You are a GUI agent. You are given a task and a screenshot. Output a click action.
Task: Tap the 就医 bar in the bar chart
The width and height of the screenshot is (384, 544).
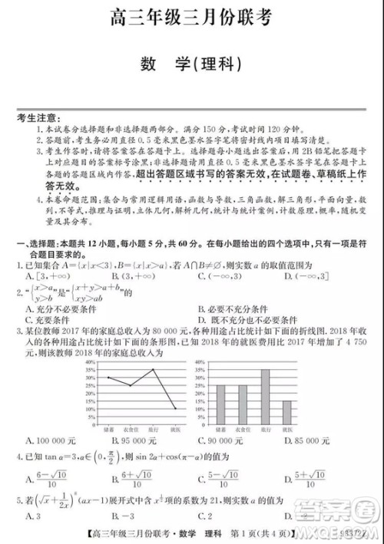[286, 415]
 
